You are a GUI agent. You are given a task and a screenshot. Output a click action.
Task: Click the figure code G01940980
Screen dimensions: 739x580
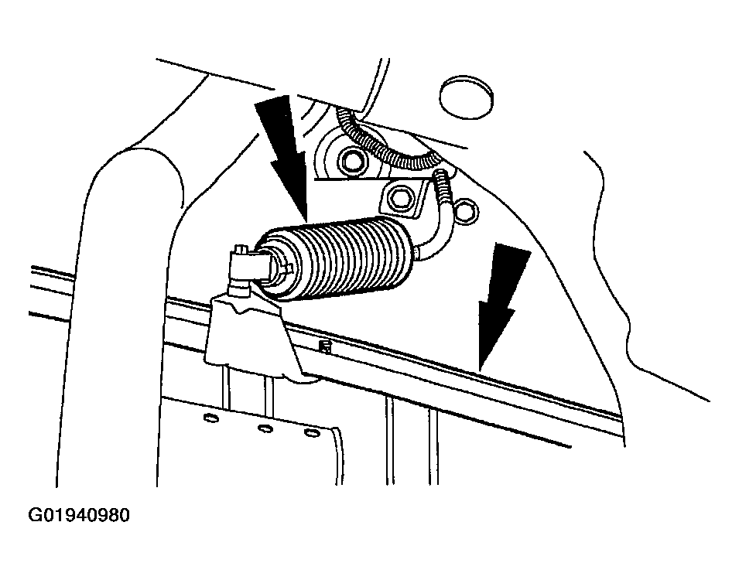point(79,516)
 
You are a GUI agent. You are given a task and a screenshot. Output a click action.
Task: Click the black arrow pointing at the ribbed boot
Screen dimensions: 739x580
point(282,158)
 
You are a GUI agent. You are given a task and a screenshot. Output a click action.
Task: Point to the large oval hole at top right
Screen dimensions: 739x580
point(466,97)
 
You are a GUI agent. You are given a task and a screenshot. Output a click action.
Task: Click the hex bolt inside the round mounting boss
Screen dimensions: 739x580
point(351,162)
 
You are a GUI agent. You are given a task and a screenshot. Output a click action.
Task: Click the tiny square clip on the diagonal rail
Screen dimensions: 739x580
point(325,347)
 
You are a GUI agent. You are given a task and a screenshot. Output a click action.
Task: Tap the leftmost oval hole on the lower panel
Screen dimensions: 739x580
point(211,418)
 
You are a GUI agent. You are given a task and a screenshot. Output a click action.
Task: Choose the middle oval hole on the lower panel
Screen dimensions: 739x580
point(265,428)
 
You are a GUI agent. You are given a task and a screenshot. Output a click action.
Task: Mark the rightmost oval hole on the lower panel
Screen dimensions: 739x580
point(311,432)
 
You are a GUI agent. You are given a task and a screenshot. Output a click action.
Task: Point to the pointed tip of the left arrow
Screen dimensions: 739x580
point(306,221)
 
